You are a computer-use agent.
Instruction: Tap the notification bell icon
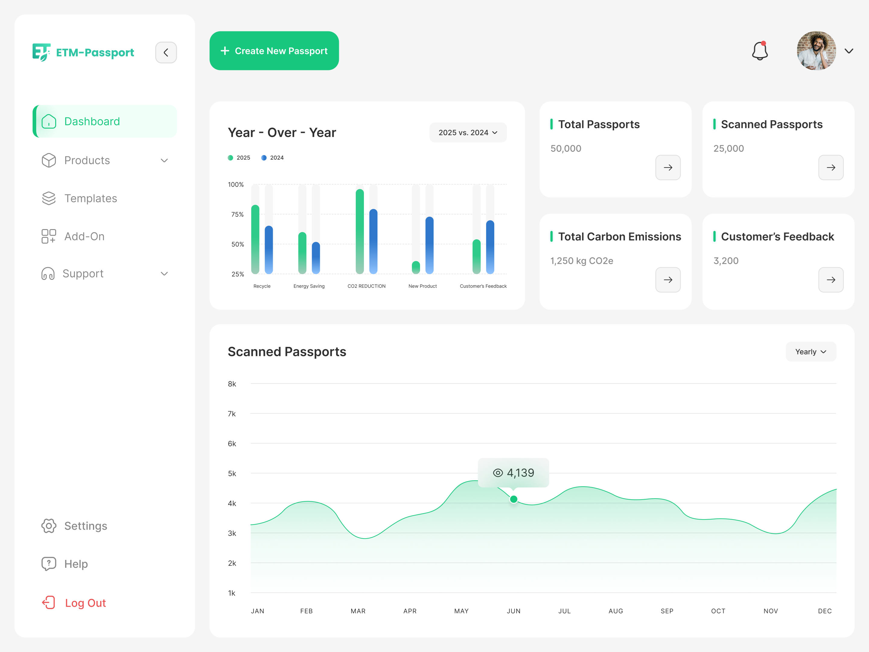coord(760,51)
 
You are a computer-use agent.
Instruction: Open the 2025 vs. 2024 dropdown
coord(468,133)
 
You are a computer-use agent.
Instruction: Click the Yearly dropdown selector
coord(810,352)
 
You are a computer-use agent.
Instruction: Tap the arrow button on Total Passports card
coord(668,168)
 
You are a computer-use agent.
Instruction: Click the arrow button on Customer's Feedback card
coord(831,280)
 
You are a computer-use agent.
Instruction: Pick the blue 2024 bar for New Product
coord(429,245)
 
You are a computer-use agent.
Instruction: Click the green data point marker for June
coord(514,499)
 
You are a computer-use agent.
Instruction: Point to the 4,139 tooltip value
coord(520,472)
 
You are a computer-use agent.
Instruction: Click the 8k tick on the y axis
coord(232,384)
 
